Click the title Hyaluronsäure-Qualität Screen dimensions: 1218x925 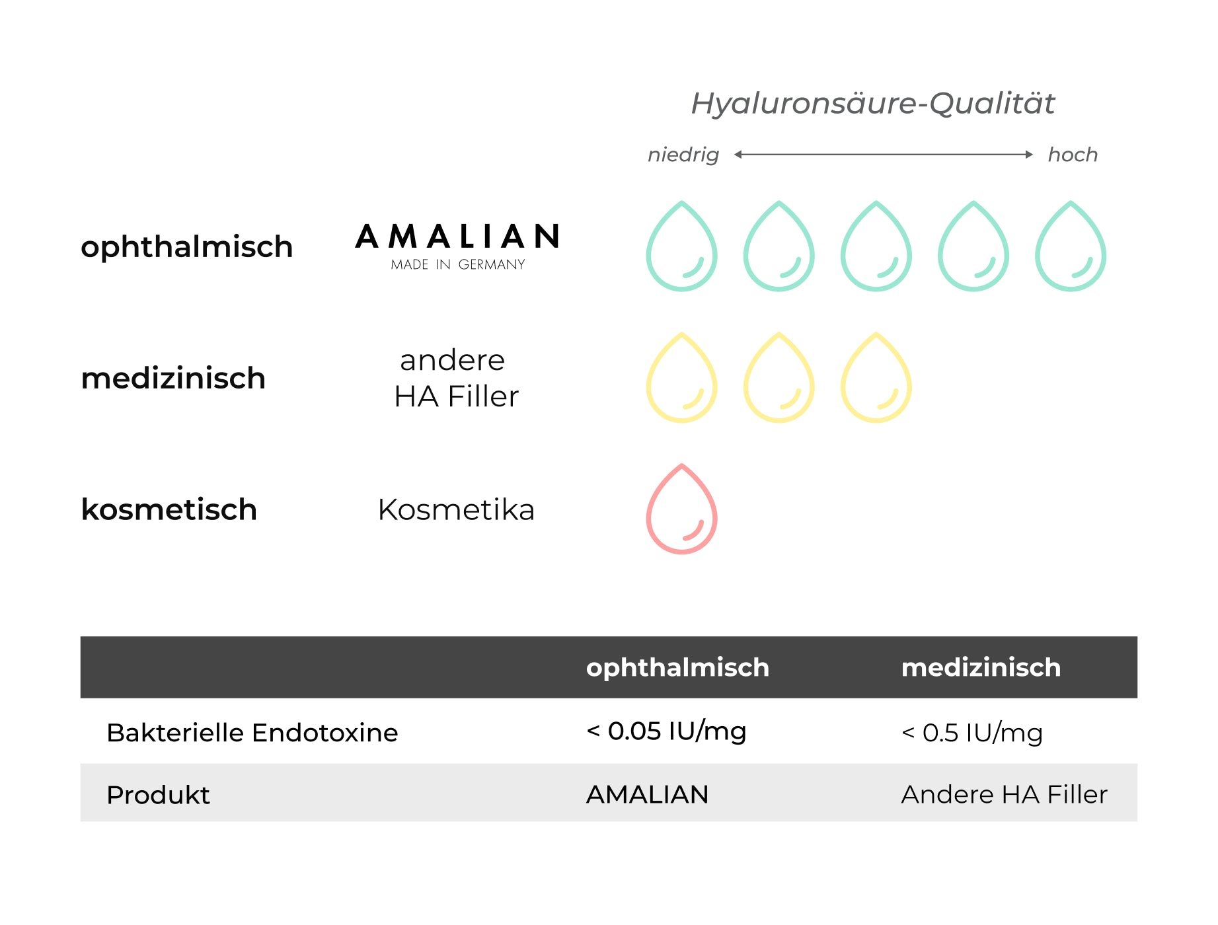tap(872, 104)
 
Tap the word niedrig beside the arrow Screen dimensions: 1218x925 tap(683, 155)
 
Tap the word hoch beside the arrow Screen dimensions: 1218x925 tap(1073, 155)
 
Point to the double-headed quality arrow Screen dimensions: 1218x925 tap(884, 155)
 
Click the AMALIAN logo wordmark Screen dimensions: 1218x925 tap(457, 237)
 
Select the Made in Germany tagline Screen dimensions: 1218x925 tap(458, 265)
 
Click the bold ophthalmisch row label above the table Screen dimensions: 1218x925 tap(187, 247)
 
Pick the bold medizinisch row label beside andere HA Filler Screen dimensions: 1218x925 tap(173, 378)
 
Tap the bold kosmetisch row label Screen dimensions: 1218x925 tap(169, 509)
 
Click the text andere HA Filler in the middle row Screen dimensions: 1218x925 tap(456, 378)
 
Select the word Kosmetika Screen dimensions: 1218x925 tap(456, 509)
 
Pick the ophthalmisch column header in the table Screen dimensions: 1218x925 tap(677, 668)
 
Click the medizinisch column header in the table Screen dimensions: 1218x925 tap(981, 667)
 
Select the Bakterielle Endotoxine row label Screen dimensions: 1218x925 tap(252, 733)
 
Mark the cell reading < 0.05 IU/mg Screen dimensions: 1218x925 tap(666, 731)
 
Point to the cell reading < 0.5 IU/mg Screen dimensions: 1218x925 tap(972, 733)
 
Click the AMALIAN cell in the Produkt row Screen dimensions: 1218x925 tap(648, 794)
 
